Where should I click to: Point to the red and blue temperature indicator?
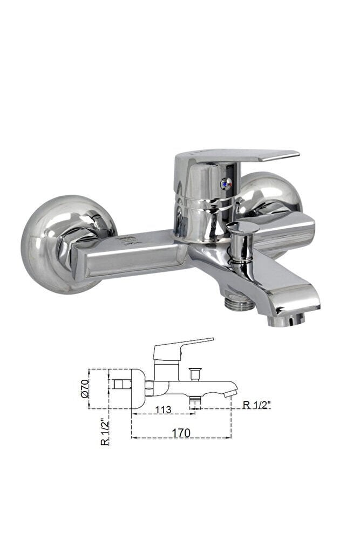(224, 184)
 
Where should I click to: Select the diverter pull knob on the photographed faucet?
(242, 229)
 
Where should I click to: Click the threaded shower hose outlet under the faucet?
(239, 304)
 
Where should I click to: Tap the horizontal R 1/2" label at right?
(256, 405)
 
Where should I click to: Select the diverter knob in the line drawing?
(195, 372)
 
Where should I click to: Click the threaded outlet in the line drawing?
(195, 400)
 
